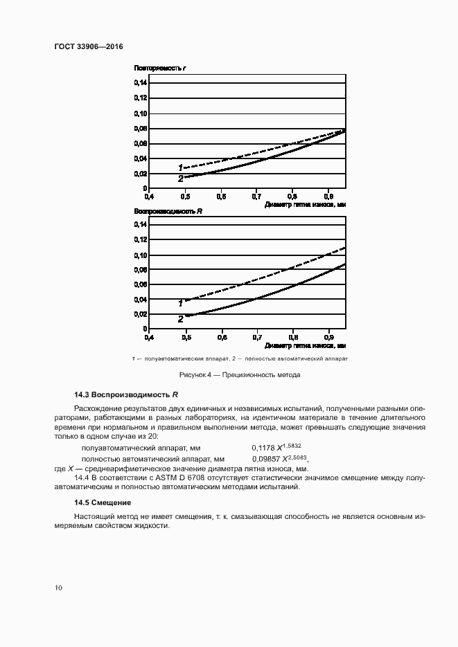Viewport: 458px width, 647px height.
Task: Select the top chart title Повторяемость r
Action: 161,69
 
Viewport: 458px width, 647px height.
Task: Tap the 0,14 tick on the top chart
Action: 141,83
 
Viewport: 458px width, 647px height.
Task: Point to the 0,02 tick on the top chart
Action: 141,174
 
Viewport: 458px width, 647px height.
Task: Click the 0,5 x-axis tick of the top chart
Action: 185,197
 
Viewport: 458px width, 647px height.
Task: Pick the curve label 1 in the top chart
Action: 180,167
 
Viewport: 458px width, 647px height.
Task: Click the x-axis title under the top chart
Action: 305,205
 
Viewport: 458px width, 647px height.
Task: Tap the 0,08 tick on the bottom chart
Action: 141,270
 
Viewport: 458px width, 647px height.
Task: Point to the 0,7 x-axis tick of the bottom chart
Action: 256,338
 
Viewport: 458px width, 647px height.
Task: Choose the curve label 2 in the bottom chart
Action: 180,320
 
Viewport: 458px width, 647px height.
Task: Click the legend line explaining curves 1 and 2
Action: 238,359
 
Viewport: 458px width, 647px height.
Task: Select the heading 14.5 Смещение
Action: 103,502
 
